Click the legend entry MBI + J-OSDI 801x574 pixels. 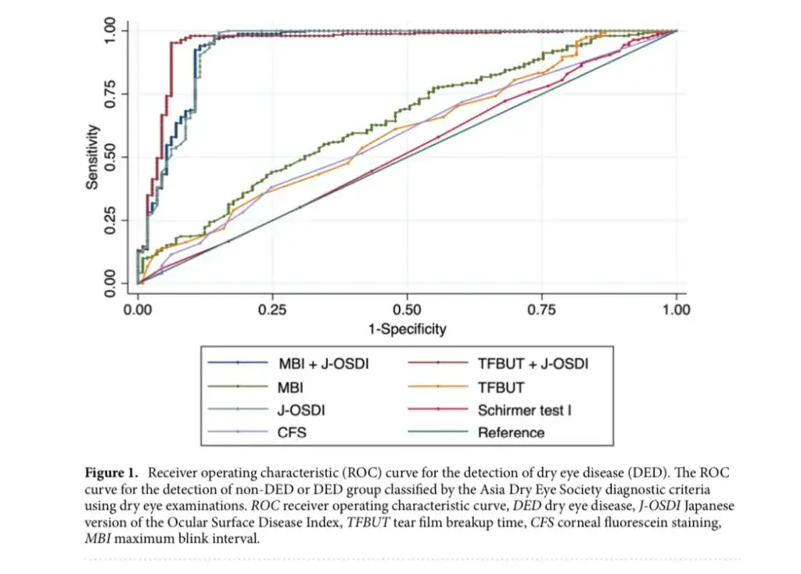click(x=321, y=364)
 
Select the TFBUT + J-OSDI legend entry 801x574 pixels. click(x=533, y=364)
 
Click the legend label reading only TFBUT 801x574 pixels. click(x=501, y=386)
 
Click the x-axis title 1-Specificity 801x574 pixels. click(x=407, y=328)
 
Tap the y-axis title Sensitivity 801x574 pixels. click(x=92, y=156)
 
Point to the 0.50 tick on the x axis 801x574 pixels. click(x=407, y=309)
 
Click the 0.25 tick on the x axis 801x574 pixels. click(x=272, y=309)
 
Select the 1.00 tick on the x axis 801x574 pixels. click(x=676, y=309)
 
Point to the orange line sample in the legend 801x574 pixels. click(x=437, y=386)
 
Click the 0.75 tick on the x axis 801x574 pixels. click(x=541, y=309)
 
